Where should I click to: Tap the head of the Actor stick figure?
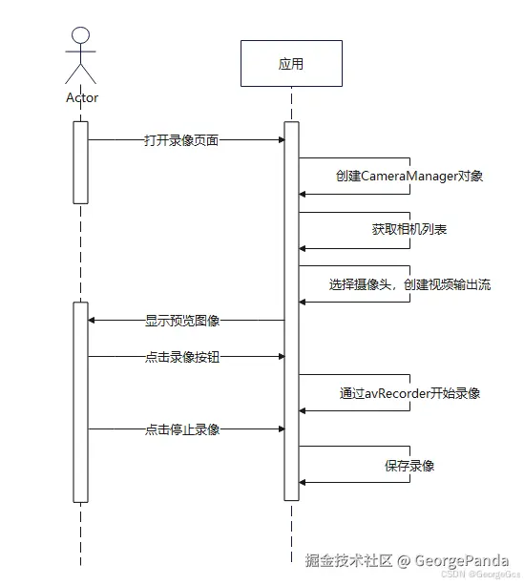pos(81,36)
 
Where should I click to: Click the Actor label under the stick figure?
pos(81,97)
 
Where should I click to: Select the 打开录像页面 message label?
pos(181,140)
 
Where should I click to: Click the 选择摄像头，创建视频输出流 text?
pos(409,284)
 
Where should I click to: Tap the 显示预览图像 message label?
pos(182,321)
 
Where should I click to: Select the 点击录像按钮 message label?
pos(182,356)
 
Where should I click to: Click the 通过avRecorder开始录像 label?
pos(409,392)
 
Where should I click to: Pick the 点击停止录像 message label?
pos(182,429)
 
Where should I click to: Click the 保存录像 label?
pos(409,466)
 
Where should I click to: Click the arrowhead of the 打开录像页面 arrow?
pos(280,140)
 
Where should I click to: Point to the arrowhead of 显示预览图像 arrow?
pos(94,321)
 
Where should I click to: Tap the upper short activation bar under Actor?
pos(81,162)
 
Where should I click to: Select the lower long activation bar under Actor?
pos(81,401)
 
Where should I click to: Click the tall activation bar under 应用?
pos(291,310)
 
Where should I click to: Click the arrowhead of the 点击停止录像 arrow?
pos(280,429)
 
